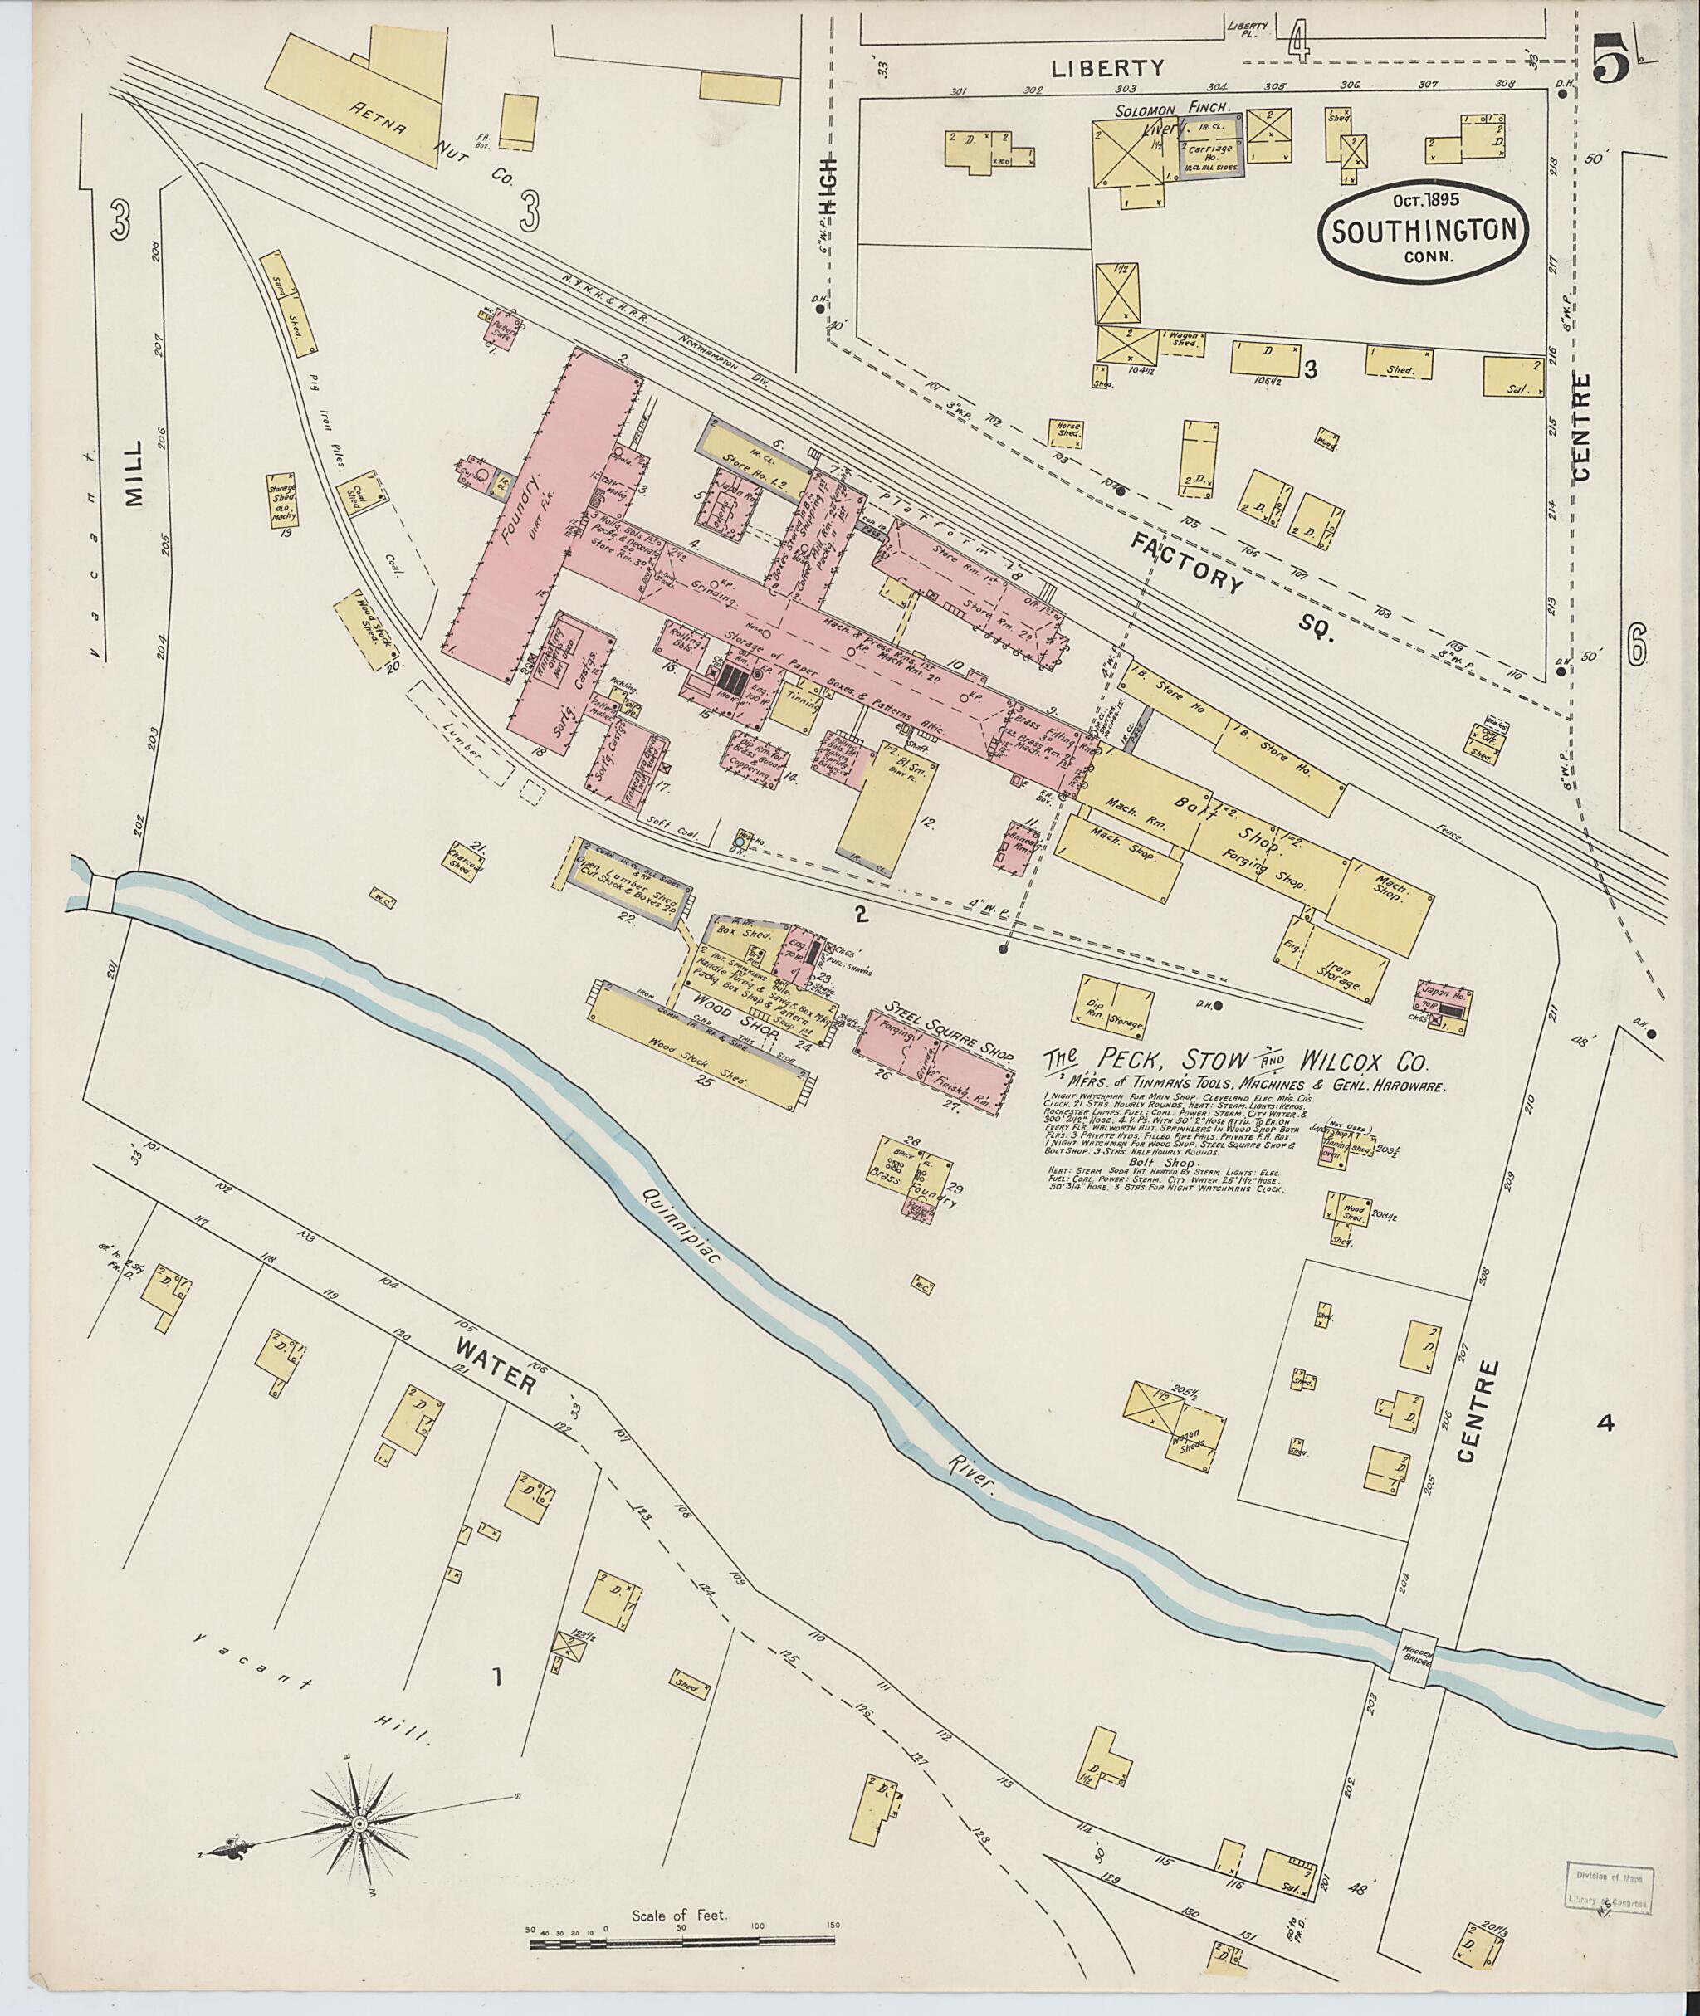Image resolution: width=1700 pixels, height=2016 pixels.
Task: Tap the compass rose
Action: (x=359, y=1824)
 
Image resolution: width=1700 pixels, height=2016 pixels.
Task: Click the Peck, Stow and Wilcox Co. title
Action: (x=1245, y=1063)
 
